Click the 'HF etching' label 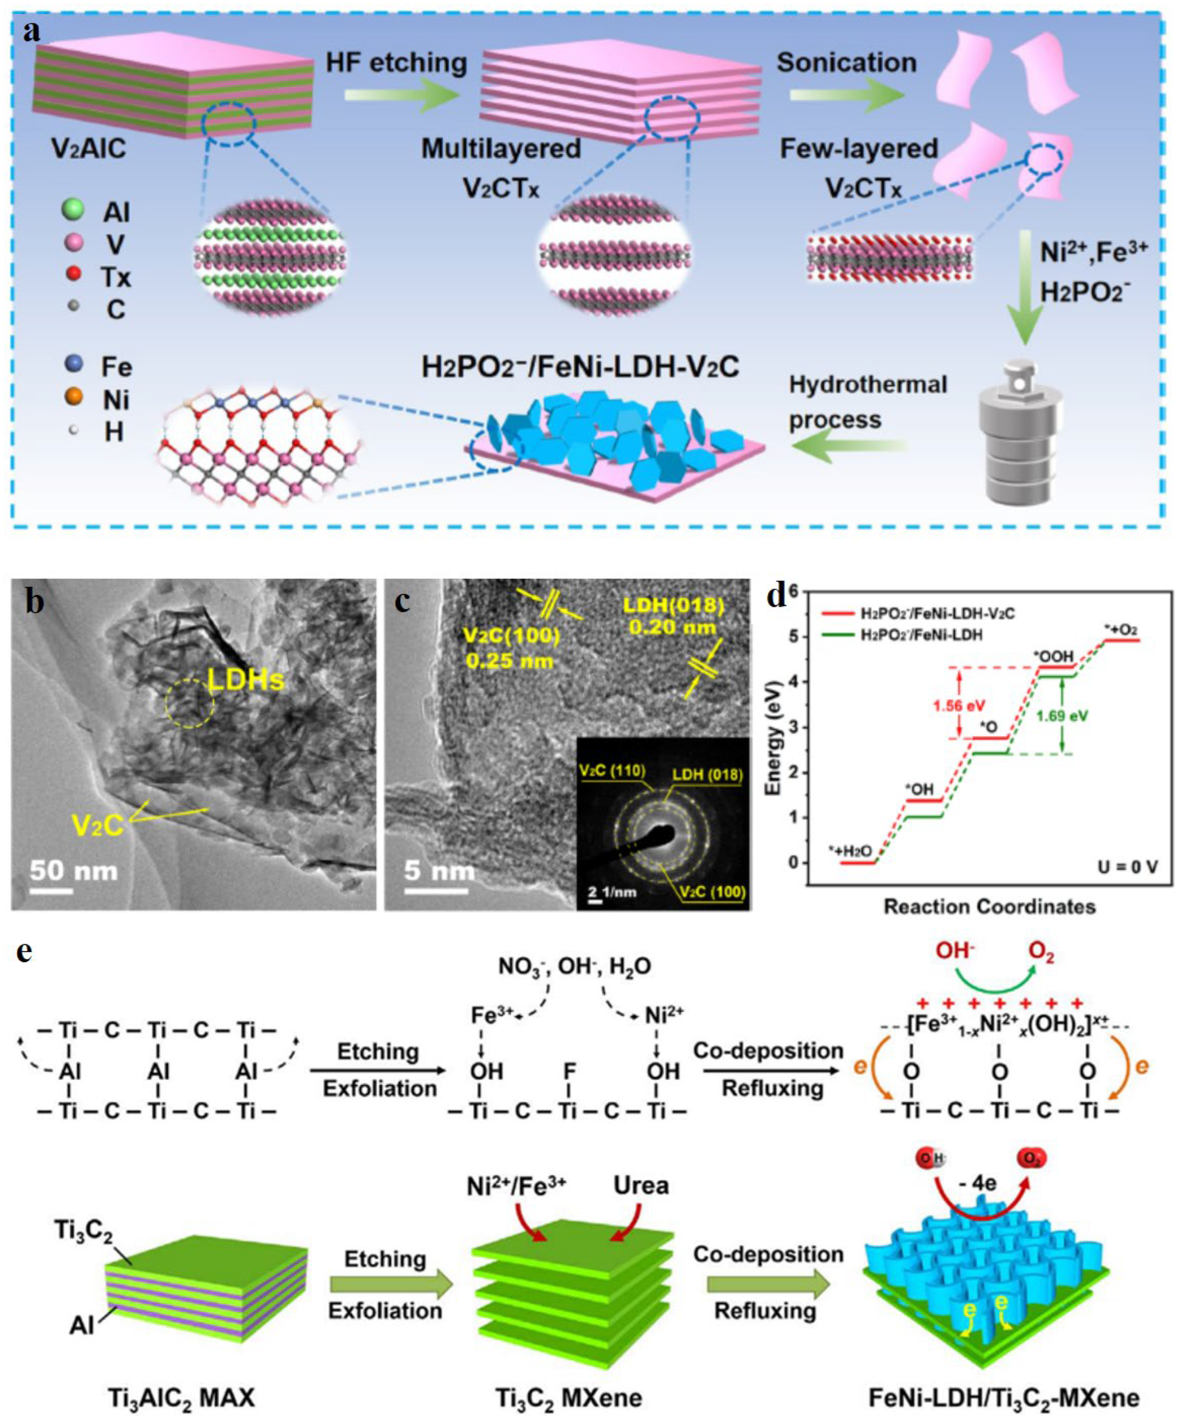pyautogui.click(x=397, y=63)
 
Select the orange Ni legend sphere pyautogui.click(x=73, y=397)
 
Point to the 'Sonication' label pyautogui.click(x=847, y=63)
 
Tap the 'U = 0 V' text pyautogui.click(x=1127, y=866)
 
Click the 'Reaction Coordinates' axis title pyautogui.click(x=989, y=906)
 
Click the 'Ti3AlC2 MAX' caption pyautogui.click(x=181, y=1397)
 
